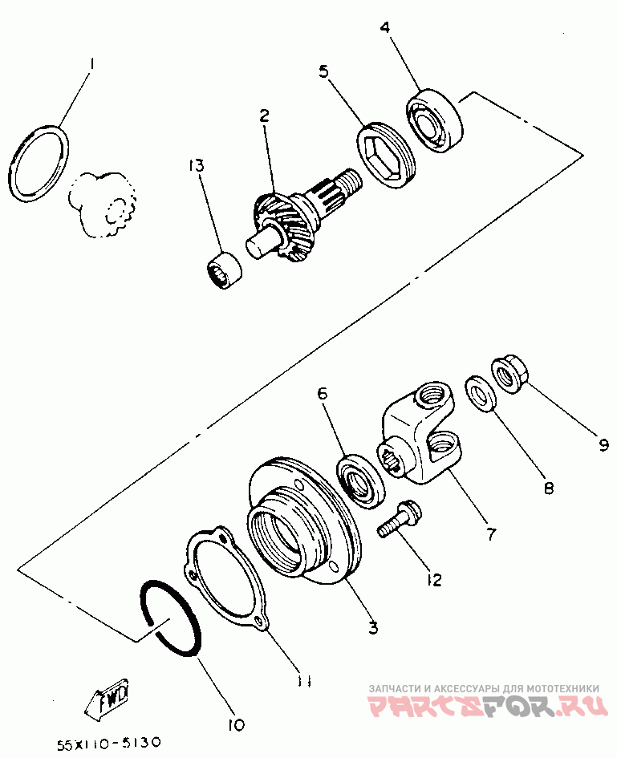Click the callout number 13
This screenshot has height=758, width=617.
[197, 166]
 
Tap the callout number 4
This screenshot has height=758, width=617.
[385, 27]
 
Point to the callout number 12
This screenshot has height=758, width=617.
[434, 579]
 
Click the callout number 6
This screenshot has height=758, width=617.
[323, 393]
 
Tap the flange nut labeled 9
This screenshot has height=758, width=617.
[509, 375]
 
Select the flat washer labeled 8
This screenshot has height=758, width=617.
[481, 395]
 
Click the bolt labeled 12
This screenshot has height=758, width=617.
[399, 519]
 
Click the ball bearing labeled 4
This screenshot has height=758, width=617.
[434, 121]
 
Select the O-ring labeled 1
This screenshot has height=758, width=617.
[39, 164]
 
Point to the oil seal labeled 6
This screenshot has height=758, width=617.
[361, 480]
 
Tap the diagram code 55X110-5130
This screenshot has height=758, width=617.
[108, 743]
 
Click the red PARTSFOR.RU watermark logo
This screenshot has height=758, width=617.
[487, 707]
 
